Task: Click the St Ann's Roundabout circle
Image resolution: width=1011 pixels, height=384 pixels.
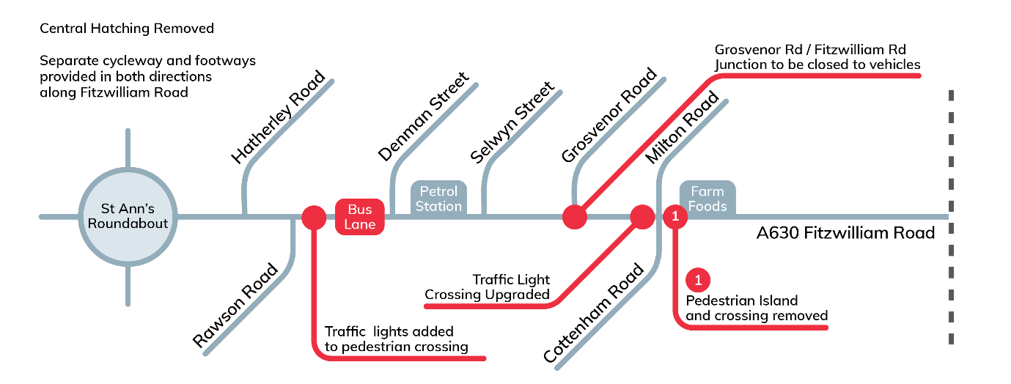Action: tap(128, 216)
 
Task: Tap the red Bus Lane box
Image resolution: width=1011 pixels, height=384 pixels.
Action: tap(360, 217)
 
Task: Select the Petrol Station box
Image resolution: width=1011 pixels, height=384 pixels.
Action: tap(438, 199)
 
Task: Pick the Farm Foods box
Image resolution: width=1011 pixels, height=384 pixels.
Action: tap(707, 199)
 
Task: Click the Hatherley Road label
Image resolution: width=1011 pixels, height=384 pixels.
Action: tap(278, 117)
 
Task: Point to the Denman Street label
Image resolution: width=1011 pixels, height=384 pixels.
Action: tap(423, 117)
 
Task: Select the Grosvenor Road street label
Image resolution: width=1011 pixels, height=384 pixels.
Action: tap(609, 117)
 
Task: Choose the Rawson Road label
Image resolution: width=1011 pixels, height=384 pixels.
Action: tap(235, 305)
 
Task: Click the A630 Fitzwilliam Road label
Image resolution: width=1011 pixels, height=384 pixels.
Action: tap(845, 234)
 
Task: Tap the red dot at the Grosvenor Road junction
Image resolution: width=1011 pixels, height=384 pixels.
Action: tap(574, 217)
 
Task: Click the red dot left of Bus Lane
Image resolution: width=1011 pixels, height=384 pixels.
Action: tap(314, 217)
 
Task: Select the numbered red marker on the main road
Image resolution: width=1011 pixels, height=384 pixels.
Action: tap(674, 217)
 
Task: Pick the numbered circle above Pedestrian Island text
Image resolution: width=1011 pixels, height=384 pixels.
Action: tap(698, 280)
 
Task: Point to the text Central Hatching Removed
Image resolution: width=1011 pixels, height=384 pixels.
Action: tap(127, 29)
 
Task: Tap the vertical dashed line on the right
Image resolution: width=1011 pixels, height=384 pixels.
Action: tap(951, 217)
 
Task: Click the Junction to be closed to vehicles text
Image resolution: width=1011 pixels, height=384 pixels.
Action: tap(817, 64)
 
